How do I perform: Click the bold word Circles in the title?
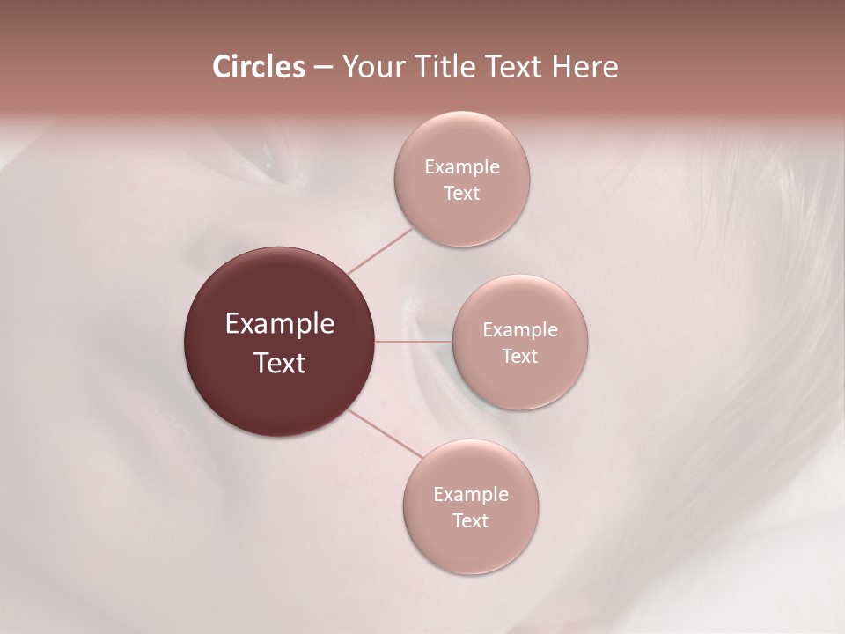259,67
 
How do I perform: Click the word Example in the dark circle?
280,324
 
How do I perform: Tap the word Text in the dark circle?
280,363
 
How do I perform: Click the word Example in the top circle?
462,167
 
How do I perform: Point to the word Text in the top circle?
461,194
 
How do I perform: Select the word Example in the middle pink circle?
520,330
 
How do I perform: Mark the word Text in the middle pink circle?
519,357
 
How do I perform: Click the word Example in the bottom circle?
471,495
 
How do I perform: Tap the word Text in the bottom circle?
470,521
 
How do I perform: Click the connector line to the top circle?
380,251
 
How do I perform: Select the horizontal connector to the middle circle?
414,342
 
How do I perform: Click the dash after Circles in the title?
323,68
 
